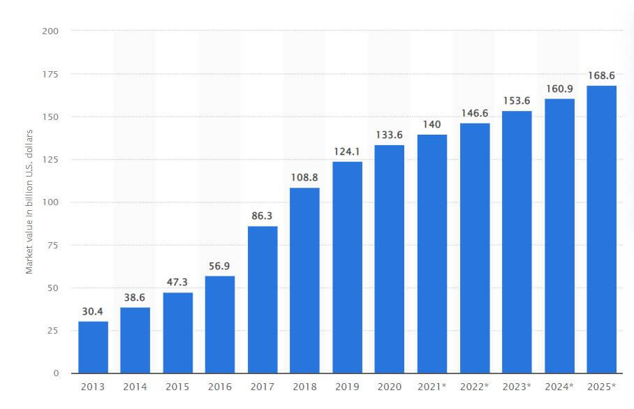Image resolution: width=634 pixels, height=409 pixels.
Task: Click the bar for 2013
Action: coord(93,347)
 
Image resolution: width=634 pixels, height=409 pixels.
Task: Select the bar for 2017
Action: coord(263,299)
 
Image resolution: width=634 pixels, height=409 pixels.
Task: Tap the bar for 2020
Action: coord(390,259)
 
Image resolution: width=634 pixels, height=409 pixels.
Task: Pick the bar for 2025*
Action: coord(601,229)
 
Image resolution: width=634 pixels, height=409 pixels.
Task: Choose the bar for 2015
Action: coord(178,332)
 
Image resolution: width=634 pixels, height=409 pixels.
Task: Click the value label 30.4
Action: coord(93,312)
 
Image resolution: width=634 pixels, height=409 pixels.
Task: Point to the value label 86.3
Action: coord(263,217)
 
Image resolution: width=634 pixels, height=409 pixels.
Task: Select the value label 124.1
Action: coord(347,152)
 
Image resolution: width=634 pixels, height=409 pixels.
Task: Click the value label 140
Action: coord(432,125)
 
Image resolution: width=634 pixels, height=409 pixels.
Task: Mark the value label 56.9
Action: coord(220,267)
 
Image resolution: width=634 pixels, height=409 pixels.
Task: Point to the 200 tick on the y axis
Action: coord(51,31)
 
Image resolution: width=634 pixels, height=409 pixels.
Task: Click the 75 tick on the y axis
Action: coord(53,245)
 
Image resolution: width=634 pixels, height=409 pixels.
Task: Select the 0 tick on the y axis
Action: coord(56,373)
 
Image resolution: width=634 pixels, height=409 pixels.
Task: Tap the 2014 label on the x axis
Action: coord(135,386)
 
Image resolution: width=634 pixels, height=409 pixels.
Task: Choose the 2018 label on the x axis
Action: coord(305,386)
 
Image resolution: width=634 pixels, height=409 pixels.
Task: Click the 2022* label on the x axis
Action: coord(475,386)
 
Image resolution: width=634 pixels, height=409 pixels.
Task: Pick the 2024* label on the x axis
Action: coord(559,386)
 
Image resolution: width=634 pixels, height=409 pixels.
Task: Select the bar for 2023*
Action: coord(517,241)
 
